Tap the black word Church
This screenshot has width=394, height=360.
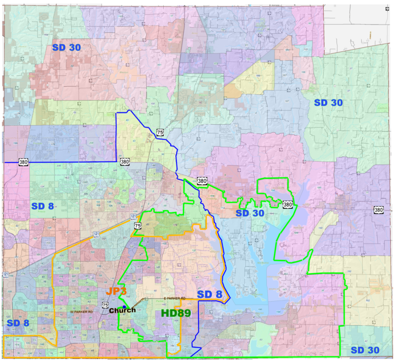(123, 310)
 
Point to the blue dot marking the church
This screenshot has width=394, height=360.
(124, 306)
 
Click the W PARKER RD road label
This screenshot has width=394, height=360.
(82, 312)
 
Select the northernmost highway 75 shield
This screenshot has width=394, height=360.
(160, 132)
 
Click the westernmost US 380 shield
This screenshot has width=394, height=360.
(24, 162)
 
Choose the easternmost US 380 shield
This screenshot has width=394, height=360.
(378, 210)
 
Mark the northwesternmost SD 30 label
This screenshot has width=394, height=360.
(73, 47)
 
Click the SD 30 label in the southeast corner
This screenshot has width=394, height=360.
(364, 350)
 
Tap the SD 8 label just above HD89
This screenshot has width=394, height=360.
(211, 294)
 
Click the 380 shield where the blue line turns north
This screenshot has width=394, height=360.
(125, 162)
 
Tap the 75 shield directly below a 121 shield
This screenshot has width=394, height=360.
(137, 225)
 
